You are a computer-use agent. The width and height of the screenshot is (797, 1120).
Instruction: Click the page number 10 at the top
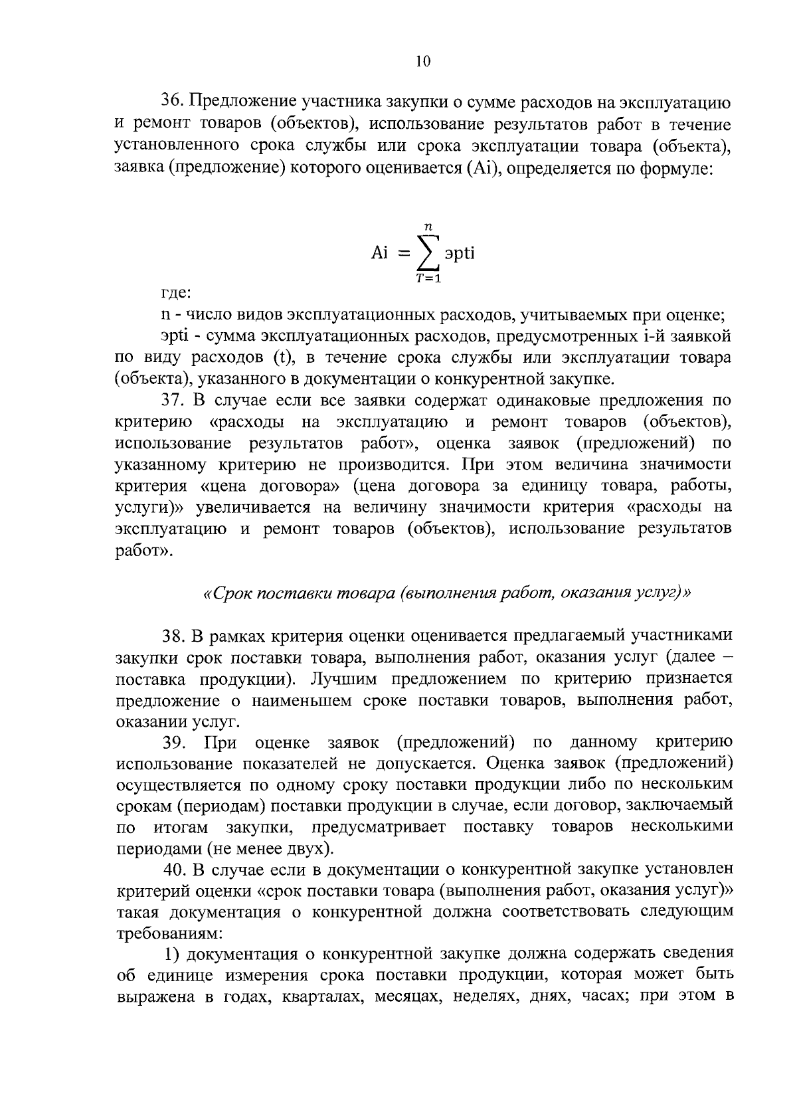(423, 62)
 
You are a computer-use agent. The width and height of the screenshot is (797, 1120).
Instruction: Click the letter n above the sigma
(428, 227)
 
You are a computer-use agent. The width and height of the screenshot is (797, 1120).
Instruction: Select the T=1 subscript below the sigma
(428, 279)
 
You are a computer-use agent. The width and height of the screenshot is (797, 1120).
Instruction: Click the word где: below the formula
(177, 292)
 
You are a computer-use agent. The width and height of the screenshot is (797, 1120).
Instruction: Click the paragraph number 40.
(174, 869)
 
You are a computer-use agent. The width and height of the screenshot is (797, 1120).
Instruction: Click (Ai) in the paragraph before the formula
(482, 167)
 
